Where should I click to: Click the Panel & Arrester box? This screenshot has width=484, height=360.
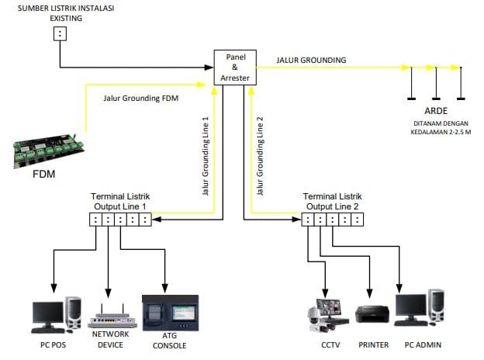point(234,67)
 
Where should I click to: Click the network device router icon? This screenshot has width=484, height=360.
point(111,315)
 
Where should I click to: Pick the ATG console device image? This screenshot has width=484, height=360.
point(170,313)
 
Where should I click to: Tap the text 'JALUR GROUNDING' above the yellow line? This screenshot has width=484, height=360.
point(311,60)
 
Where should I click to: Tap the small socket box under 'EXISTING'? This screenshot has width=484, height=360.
point(60,33)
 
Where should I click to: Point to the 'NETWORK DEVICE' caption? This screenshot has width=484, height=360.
point(110,340)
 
